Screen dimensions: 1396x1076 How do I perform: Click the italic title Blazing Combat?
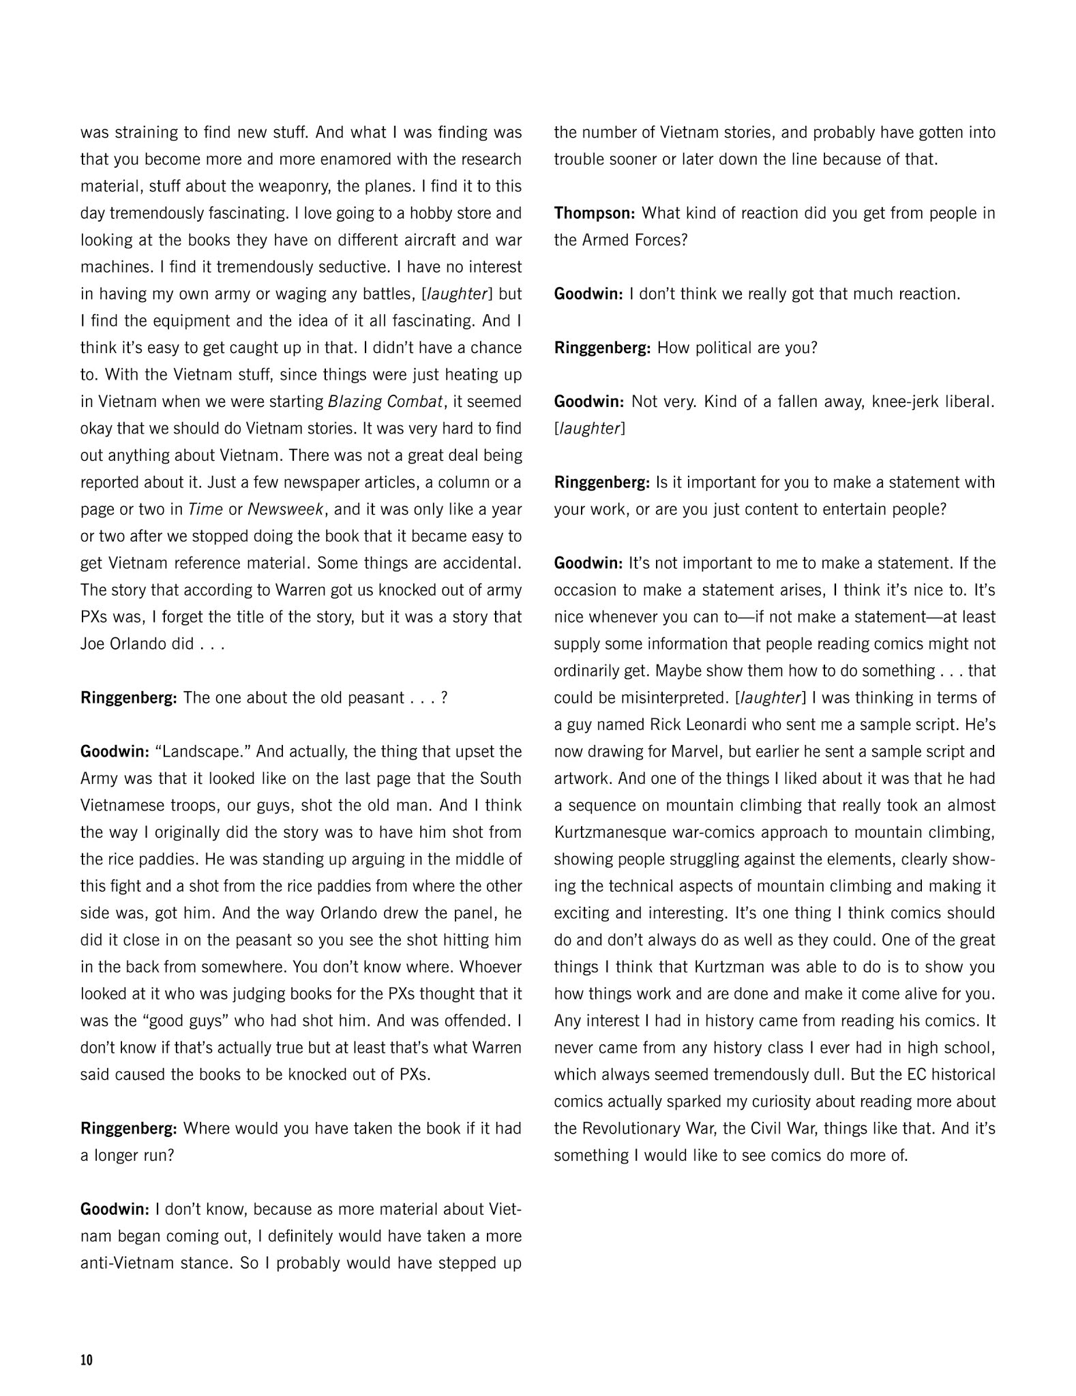tap(386, 401)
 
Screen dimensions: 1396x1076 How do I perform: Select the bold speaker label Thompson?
tap(595, 213)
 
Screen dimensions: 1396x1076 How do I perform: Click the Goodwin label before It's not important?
tap(588, 563)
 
